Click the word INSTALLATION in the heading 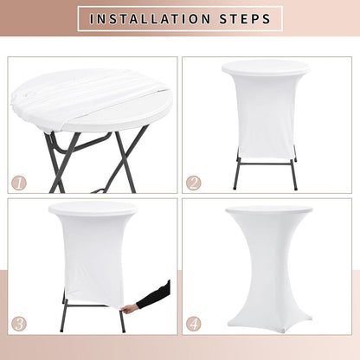click(x=150, y=19)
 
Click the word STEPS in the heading click(x=245, y=19)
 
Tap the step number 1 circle click(x=19, y=183)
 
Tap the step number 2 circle click(x=194, y=183)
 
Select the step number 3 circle click(x=19, y=324)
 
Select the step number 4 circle click(x=194, y=324)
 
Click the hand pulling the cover click(x=130, y=308)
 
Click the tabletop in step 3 click(x=93, y=209)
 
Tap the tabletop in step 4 click(x=269, y=209)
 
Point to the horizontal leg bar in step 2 click(x=266, y=164)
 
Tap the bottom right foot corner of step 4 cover click(x=311, y=319)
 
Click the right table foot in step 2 click(x=296, y=188)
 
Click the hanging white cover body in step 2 click(x=266, y=115)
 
